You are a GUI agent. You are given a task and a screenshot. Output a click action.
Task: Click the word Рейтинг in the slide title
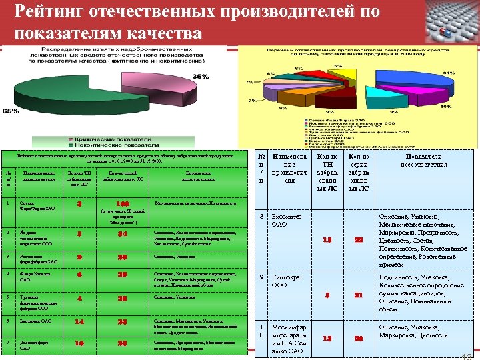[x=52, y=12]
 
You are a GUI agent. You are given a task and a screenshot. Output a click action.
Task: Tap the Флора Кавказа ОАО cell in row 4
[x=31, y=275]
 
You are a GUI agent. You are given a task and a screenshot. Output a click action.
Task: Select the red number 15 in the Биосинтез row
[x=327, y=240]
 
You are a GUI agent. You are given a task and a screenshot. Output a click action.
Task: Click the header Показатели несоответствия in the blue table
[x=423, y=160]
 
